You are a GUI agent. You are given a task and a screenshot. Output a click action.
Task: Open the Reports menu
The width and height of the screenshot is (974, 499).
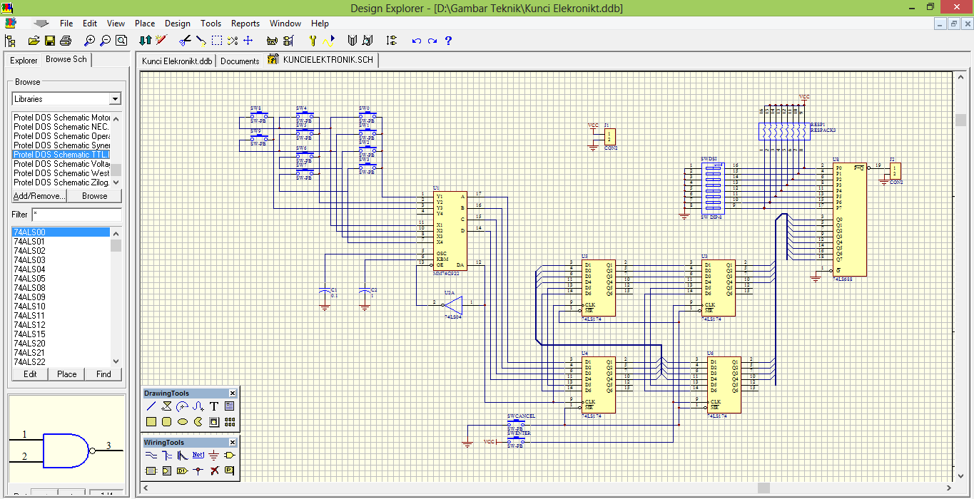click(245, 24)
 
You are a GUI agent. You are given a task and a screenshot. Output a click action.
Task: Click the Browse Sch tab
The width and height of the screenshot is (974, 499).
click(66, 60)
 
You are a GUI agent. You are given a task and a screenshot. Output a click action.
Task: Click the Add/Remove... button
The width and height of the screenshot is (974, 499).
click(39, 196)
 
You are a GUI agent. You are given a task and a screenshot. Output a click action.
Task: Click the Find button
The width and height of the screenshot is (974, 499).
click(103, 374)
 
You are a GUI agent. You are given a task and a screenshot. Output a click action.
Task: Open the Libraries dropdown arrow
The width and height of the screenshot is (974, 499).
click(115, 99)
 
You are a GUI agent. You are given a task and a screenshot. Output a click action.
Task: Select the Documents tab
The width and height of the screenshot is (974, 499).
click(240, 61)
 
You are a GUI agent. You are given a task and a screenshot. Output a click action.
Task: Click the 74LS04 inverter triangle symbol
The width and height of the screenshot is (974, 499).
click(454, 304)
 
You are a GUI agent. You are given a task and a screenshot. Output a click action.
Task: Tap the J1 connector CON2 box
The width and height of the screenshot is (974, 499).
click(609, 136)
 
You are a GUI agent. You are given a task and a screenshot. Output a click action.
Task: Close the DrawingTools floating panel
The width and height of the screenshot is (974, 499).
click(233, 393)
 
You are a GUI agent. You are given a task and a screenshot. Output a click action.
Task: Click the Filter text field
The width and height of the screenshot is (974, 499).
click(76, 215)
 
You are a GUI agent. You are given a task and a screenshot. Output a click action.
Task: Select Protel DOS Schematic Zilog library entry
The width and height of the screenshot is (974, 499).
click(61, 182)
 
